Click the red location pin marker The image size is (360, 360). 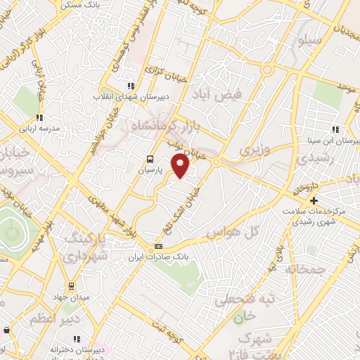click(181, 167)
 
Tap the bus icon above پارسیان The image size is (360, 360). click(149, 159)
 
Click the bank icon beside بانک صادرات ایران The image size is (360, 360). click(158, 246)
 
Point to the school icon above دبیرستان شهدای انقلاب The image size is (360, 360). click(130, 86)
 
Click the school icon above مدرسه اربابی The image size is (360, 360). click(40, 117)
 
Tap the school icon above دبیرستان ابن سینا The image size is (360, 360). click(336, 129)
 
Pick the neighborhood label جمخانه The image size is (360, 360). click(307, 269)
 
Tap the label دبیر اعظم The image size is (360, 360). click(49, 319)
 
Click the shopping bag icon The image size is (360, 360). click(6, 329)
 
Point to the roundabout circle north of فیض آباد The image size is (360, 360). click(267, 70)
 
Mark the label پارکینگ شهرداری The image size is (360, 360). click(89, 247)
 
